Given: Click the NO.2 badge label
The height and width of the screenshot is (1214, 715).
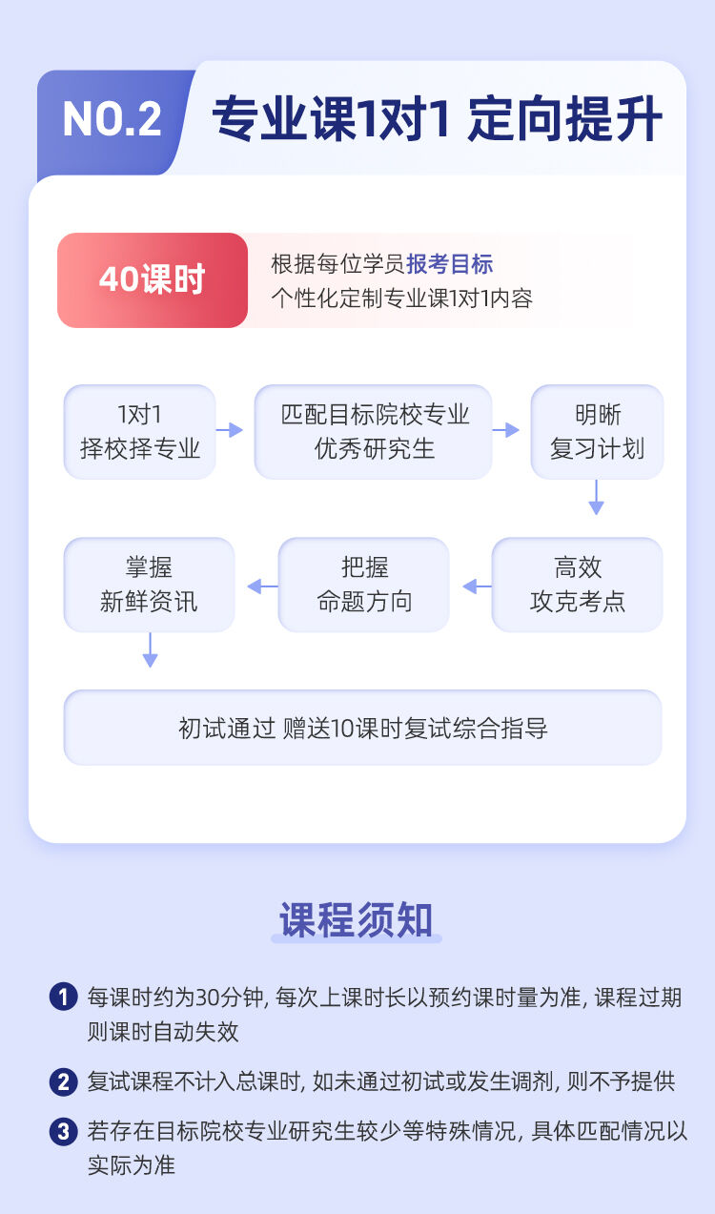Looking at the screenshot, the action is click(x=112, y=119).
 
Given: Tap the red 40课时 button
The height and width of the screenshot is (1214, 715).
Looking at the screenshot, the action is click(x=153, y=280).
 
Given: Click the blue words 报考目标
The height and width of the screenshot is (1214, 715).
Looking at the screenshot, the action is click(x=450, y=264).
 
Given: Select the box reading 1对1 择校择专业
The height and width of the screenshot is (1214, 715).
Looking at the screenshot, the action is click(x=140, y=432).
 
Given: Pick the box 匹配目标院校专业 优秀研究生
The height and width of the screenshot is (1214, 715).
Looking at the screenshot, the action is click(x=373, y=432).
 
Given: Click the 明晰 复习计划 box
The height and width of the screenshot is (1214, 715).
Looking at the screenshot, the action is click(x=597, y=432).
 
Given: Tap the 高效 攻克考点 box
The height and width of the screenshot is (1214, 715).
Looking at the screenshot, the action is click(x=577, y=585).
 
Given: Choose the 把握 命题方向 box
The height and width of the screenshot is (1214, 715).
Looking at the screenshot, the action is click(x=363, y=585).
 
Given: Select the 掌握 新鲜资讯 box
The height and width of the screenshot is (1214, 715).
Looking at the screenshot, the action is click(x=149, y=585).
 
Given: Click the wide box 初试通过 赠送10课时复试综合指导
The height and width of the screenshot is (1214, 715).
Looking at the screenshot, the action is click(x=363, y=728).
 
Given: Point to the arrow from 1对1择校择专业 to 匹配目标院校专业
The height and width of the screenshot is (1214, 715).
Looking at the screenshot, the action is click(x=230, y=430).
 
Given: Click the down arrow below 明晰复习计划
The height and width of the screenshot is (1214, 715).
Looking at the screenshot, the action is click(x=597, y=498).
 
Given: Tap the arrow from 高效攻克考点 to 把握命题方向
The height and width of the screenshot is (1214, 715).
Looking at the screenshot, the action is click(x=478, y=586).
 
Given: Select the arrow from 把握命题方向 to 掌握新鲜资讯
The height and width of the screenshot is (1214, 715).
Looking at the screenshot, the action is click(x=263, y=586).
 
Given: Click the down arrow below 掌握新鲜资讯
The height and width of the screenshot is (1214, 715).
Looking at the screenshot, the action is click(x=150, y=649).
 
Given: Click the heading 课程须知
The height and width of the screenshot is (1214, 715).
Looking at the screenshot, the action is click(x=356, y=919).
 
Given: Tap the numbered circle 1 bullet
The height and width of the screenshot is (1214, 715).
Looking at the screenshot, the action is click(x=63, y=998).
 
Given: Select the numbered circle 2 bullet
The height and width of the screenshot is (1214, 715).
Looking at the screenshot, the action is click(x=63, y=1082).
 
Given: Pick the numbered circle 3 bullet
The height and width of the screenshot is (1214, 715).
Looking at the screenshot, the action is click(x=63, y=1132).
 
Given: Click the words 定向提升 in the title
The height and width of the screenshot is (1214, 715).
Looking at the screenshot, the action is click(x=565, y=118).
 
